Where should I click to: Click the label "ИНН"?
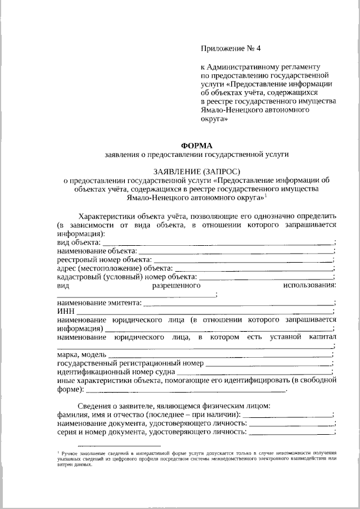pyautogui.click(x=65, y=311)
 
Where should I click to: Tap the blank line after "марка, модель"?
pyautogui.click(x=219, y=355)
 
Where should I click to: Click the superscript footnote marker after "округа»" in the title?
pyautogui.click(x=266, y=195)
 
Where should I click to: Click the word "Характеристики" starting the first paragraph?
pyautogui.click(x=107, y=216)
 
